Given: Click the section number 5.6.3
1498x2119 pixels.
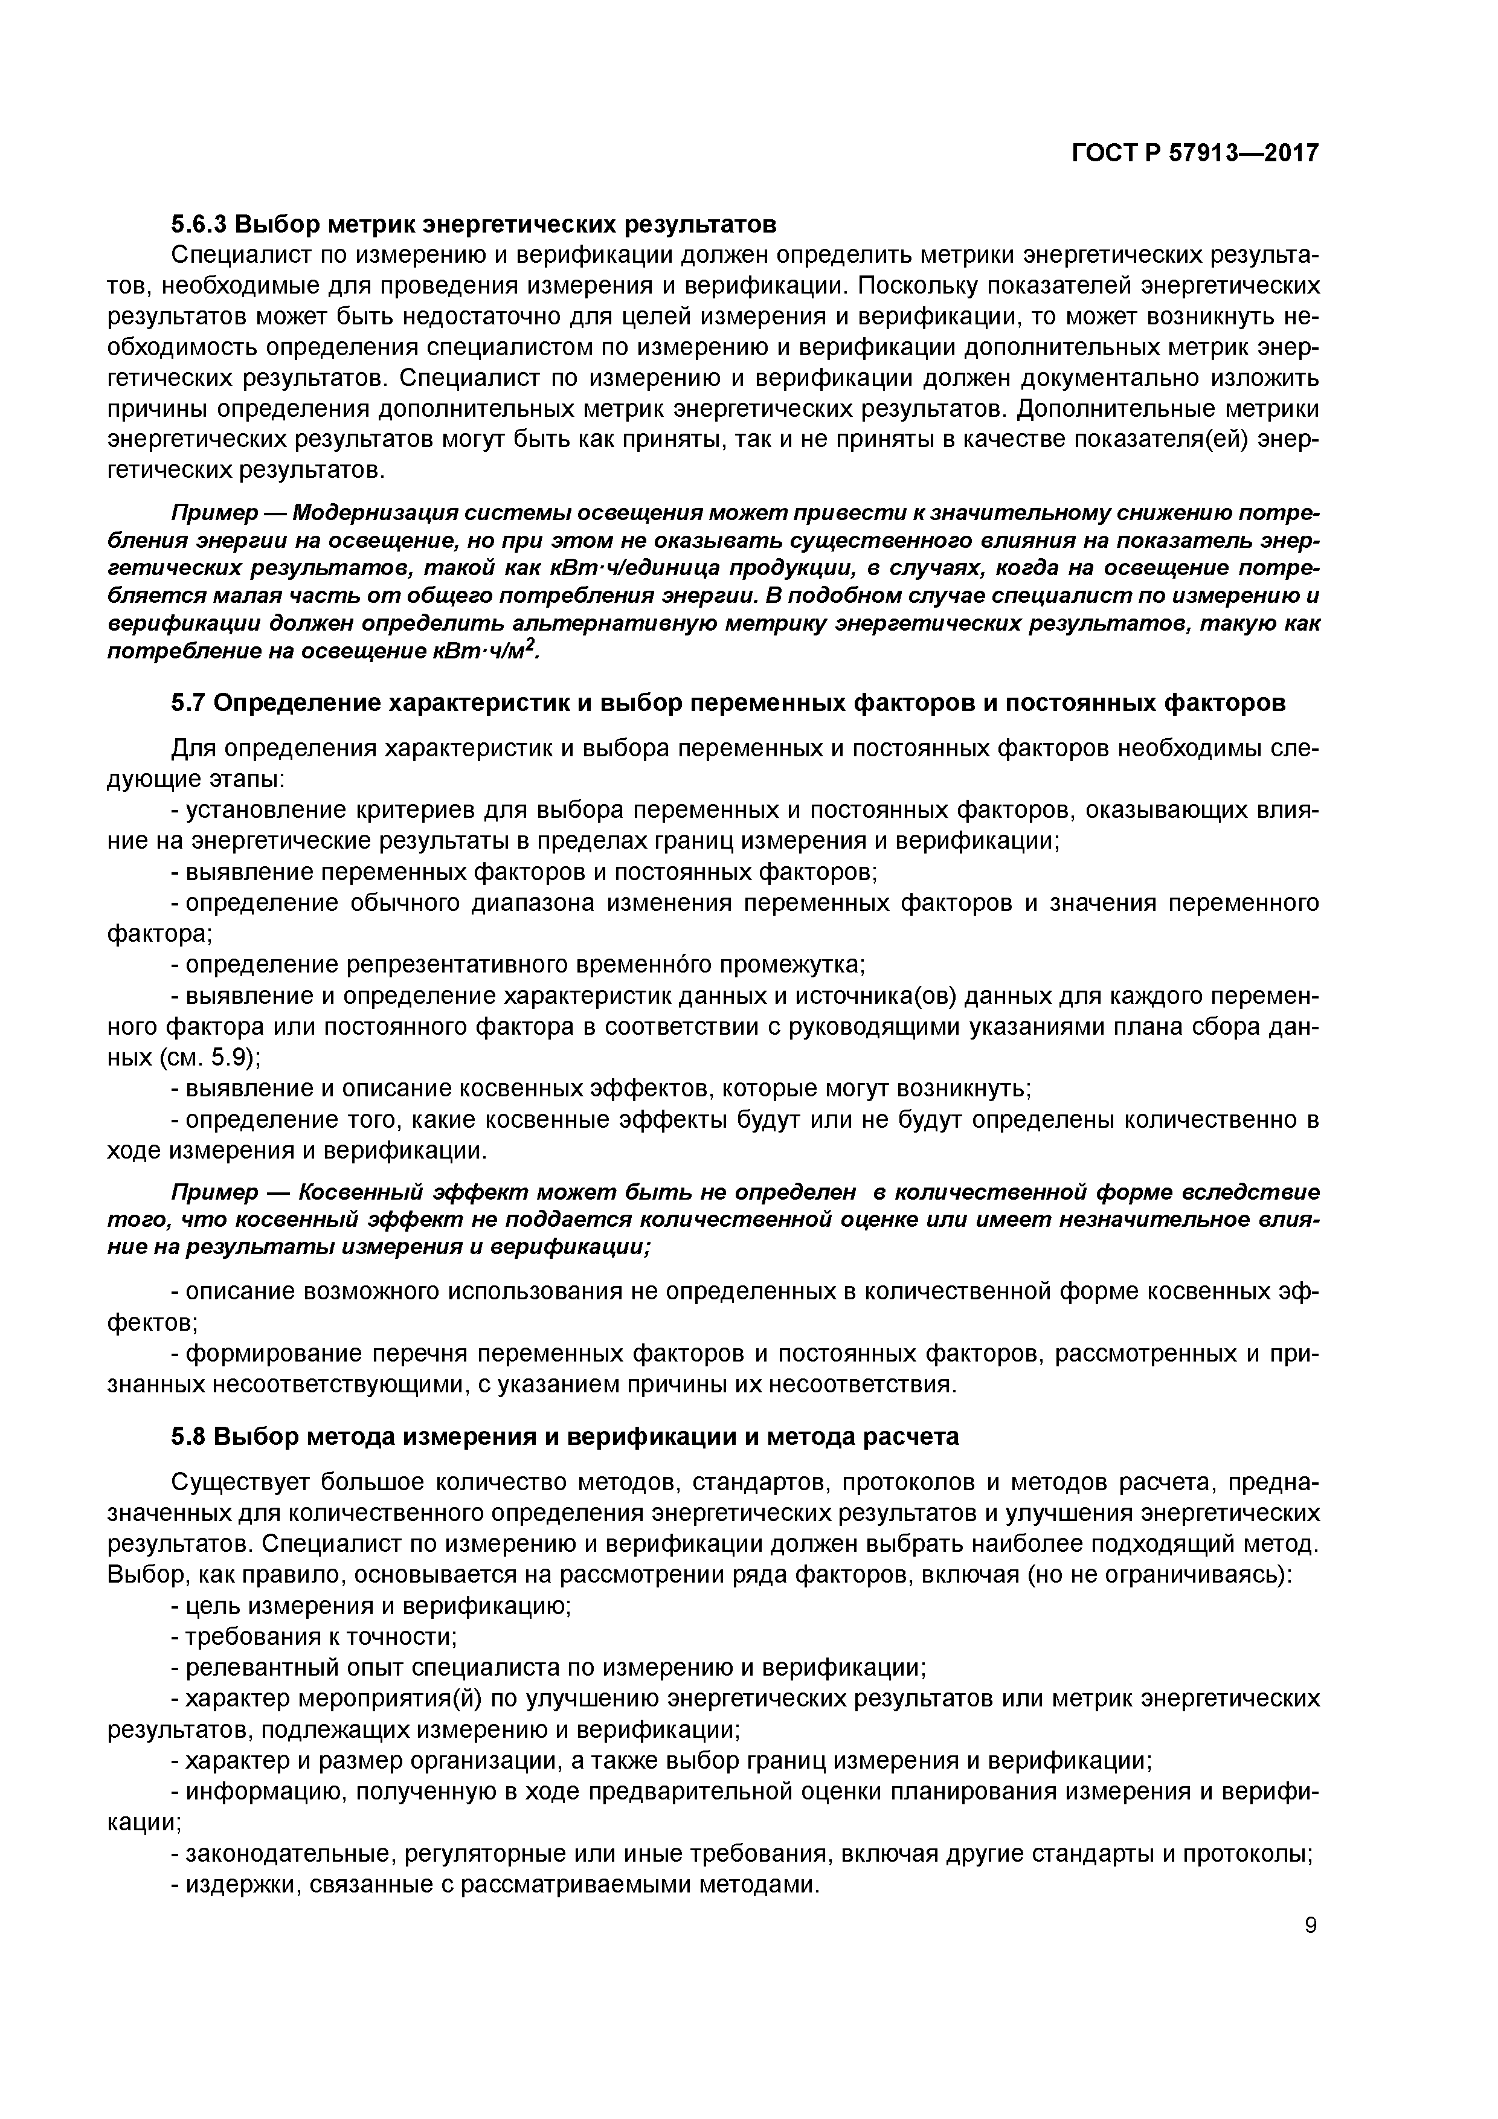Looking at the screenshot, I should tap(199, 224).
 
